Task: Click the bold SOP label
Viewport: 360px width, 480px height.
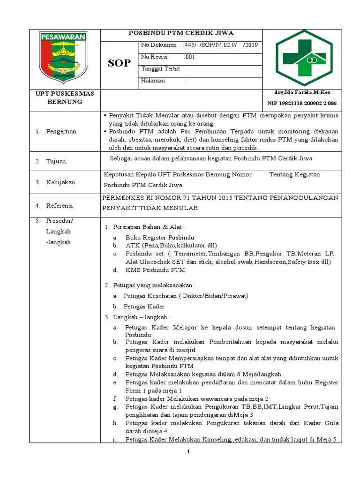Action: click(119, 63)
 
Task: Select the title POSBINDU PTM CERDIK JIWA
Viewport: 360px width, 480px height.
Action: click(181, 33)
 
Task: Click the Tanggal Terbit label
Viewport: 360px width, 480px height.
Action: click(161, 69)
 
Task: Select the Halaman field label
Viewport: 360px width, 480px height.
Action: click(153, 81)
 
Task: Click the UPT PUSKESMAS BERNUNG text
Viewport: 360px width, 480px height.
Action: click(65, 97)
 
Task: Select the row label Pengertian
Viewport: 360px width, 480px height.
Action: click(61, 131)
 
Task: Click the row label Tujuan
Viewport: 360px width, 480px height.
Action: click(56, 161)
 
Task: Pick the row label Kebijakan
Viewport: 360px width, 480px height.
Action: click(60, 182)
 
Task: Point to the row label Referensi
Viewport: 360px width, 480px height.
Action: click(60, 205)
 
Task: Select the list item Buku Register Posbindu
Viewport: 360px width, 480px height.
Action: click(160, 238)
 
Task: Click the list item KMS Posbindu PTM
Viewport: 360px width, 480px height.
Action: click(155, 270)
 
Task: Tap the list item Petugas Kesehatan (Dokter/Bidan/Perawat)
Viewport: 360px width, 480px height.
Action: click(186, 296)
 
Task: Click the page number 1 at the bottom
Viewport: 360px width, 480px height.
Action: click(187, 452)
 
